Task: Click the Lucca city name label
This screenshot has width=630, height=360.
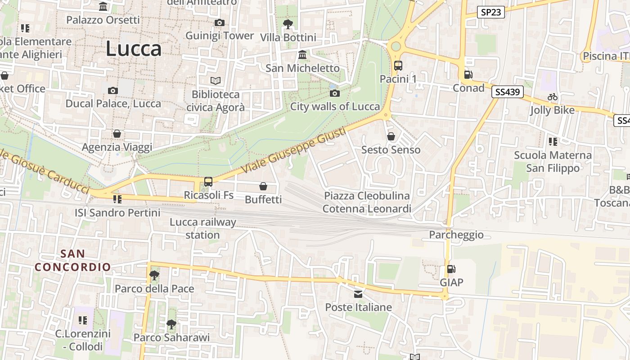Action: (133, 49)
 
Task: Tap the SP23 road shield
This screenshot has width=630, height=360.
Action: (490, 12)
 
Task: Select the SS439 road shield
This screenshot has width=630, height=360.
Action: (508, 92)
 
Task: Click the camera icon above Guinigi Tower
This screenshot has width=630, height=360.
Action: (220, 23)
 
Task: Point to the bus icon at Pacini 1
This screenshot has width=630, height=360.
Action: (398, 66)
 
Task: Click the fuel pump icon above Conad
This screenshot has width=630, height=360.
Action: (468, 75)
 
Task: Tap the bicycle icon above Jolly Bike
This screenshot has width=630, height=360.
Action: (553, 97)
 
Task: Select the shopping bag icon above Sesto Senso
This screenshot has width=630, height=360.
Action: (391, 136)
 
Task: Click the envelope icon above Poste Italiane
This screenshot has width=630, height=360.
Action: (358, 294)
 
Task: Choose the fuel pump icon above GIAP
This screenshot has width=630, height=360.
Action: (451, 269)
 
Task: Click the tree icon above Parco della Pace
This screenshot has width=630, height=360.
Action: (154, 275)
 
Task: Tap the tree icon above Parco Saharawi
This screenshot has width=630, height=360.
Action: (171, 324)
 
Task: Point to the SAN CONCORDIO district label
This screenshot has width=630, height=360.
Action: (73, 260)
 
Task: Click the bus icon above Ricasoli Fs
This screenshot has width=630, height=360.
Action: (208, 182)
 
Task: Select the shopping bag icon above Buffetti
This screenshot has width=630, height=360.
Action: (263, 186)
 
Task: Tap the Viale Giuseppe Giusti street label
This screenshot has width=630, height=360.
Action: (294, 151)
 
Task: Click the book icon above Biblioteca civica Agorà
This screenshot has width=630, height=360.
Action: (216, 81)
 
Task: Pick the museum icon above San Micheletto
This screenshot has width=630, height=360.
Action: (302, 55)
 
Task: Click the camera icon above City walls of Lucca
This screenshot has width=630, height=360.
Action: (335, 94)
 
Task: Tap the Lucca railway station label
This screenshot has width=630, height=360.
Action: (202, 228)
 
